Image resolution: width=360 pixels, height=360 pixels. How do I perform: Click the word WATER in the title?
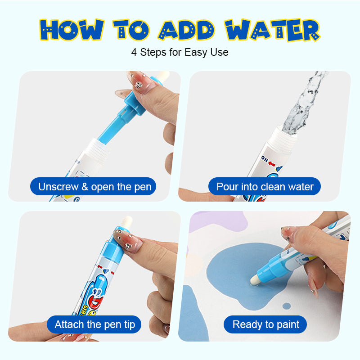point(272,30)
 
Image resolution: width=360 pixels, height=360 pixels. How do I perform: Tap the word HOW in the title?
point(72,30)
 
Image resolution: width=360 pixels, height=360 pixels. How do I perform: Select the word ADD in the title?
point(186,30)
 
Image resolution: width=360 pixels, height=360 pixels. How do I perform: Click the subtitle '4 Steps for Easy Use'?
point(180,52)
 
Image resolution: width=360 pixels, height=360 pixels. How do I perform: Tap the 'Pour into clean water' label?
point(265,186)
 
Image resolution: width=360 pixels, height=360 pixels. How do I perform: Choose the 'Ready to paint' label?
point(265,324)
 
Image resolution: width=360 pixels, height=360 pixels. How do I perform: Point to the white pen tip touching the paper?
point(255,280)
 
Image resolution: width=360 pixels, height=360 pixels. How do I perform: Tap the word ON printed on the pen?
point(265,159)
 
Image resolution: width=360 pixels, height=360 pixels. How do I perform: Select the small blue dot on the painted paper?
point(287,306)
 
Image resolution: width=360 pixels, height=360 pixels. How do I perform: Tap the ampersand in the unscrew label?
point(85,187)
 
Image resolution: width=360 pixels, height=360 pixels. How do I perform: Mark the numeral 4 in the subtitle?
point(134,52)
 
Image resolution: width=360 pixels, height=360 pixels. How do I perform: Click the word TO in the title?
point(131,30)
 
